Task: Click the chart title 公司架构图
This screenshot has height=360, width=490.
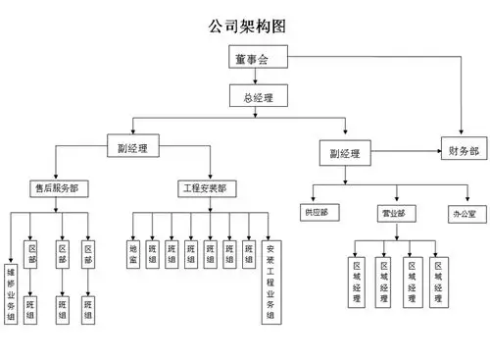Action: click(245, 25)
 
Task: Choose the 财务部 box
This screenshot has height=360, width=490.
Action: click(464, 152)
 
